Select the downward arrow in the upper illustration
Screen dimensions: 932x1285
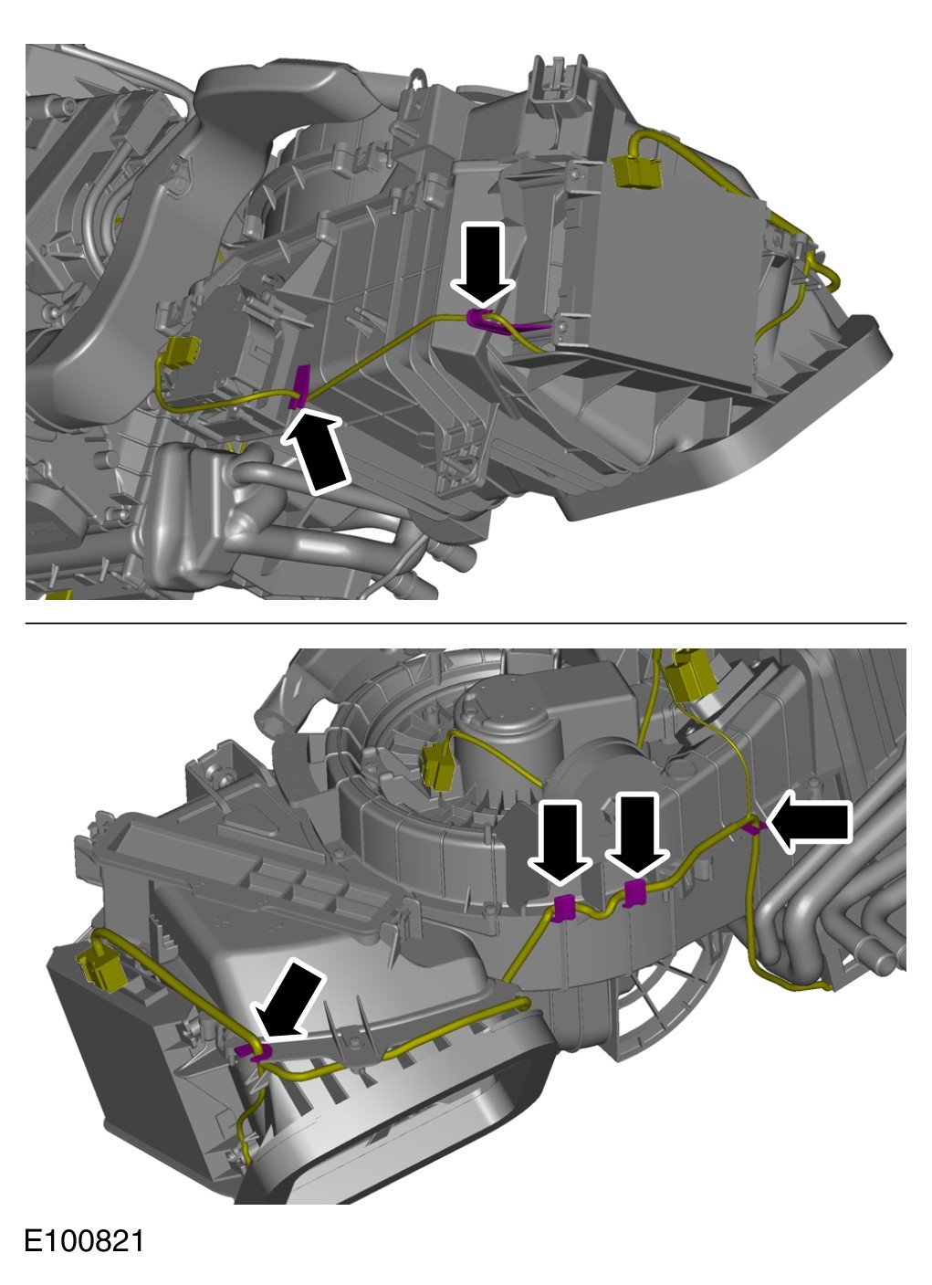click(x=482, y=263)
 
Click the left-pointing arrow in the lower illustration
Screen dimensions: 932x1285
click(x=809, y=822)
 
